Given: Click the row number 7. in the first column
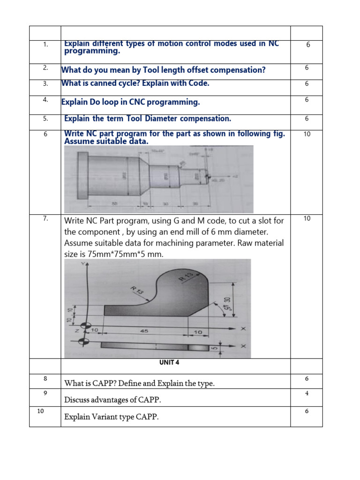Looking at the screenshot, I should [45, 218].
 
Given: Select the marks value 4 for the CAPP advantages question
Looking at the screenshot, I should [307, 393].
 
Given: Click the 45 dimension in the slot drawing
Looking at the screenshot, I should [144, 330].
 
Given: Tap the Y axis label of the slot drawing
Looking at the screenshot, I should [84, 264].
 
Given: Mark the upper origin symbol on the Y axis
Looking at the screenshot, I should [85, 326].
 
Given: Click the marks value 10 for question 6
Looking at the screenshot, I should [307, 134].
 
